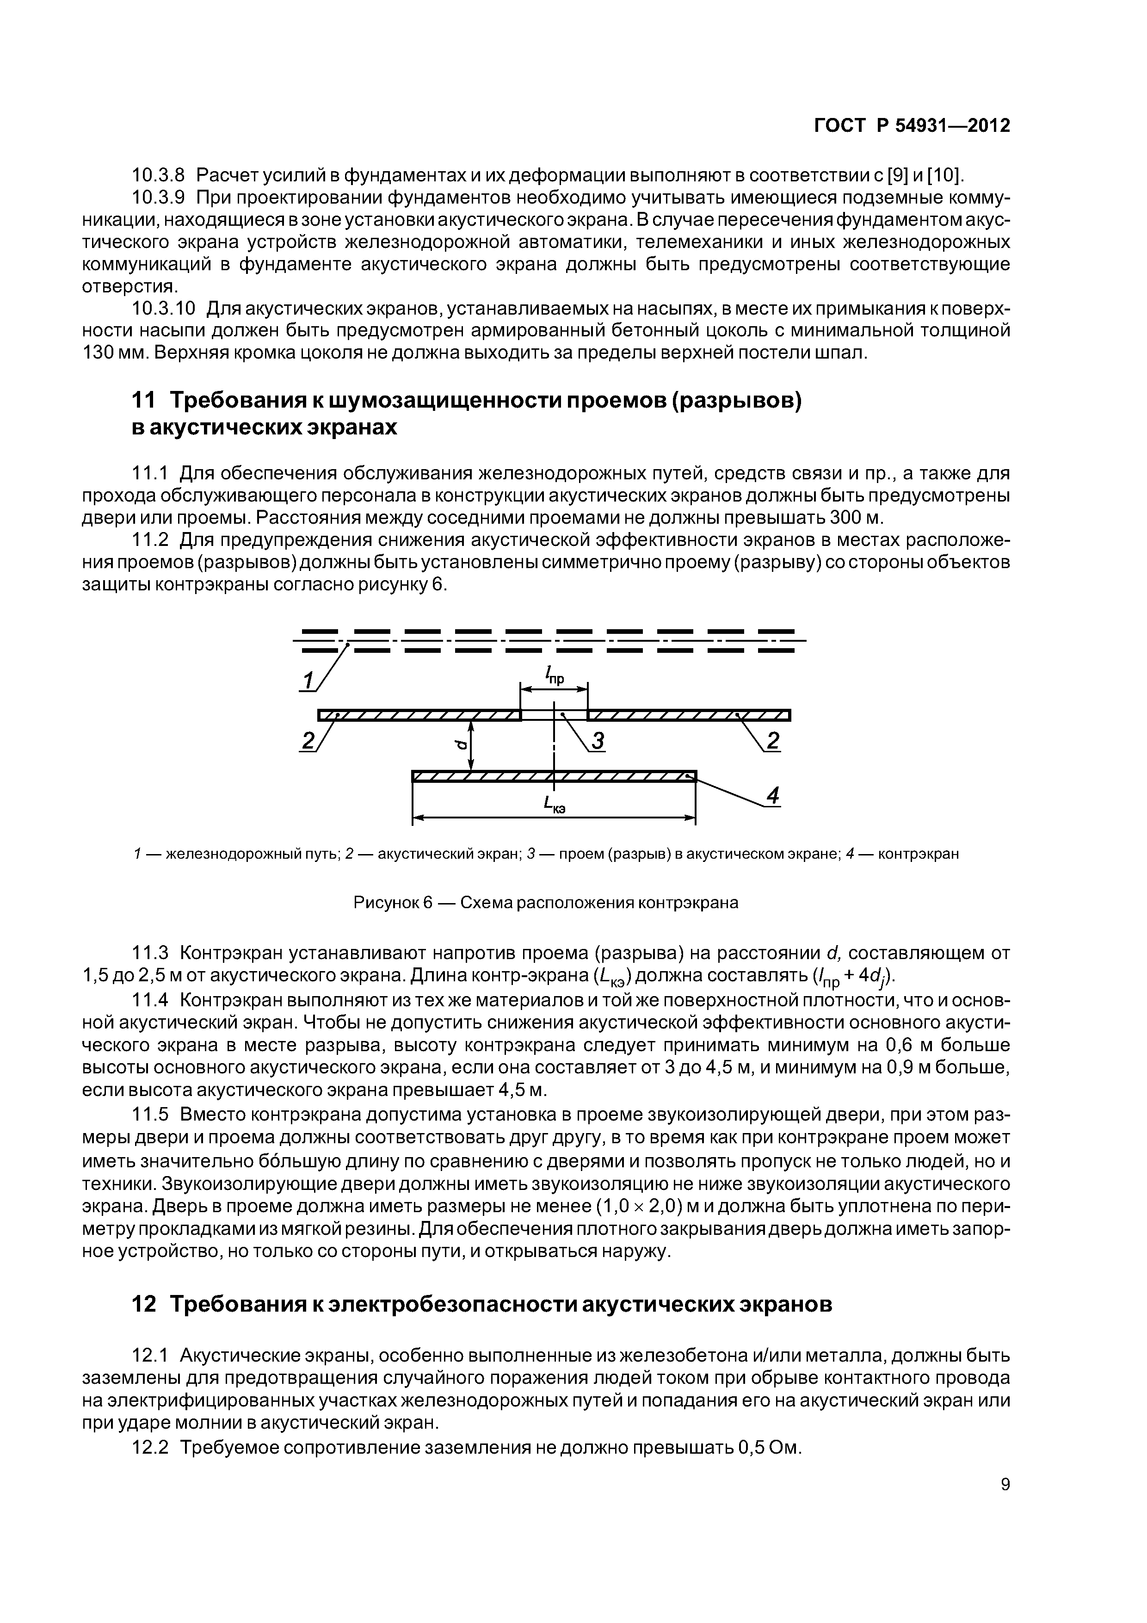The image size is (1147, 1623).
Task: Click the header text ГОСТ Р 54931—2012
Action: [912, 126]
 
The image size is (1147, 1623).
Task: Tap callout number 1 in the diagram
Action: [308, 680]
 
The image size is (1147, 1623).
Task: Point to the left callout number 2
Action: [308, 741]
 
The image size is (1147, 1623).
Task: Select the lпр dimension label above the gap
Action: [554, 677]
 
